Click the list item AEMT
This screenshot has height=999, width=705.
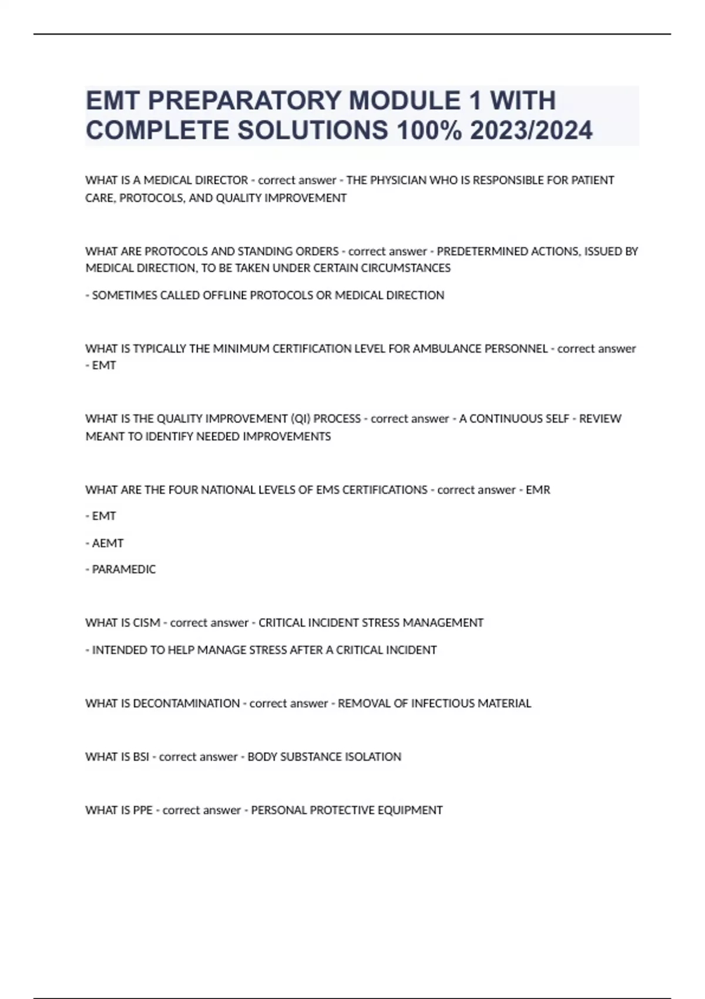[x=108, y=544]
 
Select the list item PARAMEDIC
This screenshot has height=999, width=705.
[x=123, y=569]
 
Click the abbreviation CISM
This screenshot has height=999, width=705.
[x=146, y=623]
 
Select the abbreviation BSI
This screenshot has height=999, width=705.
[x=141, y=757]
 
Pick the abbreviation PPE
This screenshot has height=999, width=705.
[x=143, y=810]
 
